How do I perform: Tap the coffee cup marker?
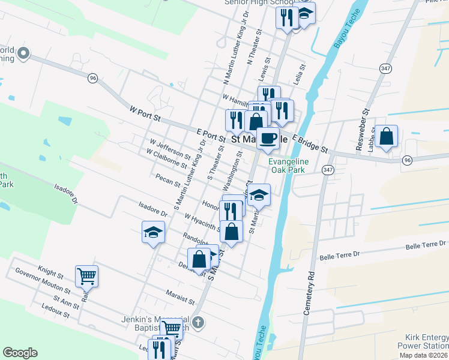tap(268, 139)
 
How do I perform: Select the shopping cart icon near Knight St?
tap(86, 277)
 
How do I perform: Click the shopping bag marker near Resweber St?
tap(387, 137)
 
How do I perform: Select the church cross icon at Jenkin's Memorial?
tap(198, 323)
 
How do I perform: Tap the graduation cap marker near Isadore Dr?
tap(153, 232)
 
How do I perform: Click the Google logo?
tap(20, 352)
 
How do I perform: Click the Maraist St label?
tap(179, 296)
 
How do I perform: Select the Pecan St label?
tap(167, 180)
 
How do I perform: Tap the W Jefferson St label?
tap(170, 151)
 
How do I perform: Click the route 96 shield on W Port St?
tap(92, 78)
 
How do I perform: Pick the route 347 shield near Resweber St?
tap(385, 69)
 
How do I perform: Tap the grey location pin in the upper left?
tap(23, 53)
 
